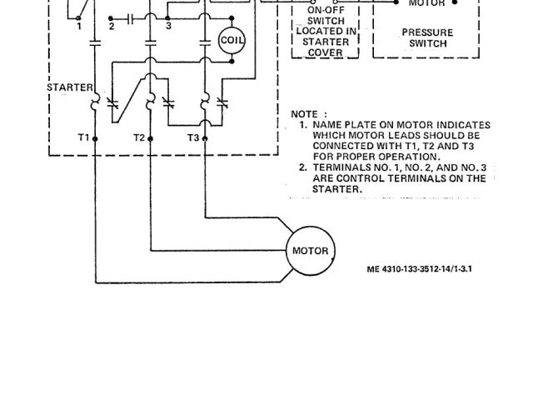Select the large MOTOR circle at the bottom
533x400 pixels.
(311, 251)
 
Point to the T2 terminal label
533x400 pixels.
(139, 137)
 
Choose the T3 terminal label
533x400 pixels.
(193, 137)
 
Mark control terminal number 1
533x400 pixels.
(79, 27)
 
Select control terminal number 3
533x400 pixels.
(169, 27)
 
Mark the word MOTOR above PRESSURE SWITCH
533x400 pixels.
(426, 4)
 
